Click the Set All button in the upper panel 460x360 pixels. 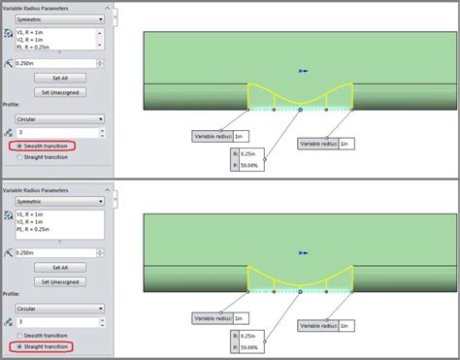(x=59, y=77)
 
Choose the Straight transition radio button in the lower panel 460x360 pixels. (x=16, y=346)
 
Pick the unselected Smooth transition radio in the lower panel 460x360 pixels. (x=16, y=335)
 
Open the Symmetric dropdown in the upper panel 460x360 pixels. (x=59, y=18)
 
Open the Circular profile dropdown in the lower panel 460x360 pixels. (x=59, y=306)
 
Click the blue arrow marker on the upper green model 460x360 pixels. (x=304, y=71)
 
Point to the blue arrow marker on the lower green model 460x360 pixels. (x=304, y=254)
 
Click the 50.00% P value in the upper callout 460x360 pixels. (x=248, y=166)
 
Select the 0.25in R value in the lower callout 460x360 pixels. (x=248, y=336)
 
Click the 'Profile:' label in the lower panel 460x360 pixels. (x=13, y=292)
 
